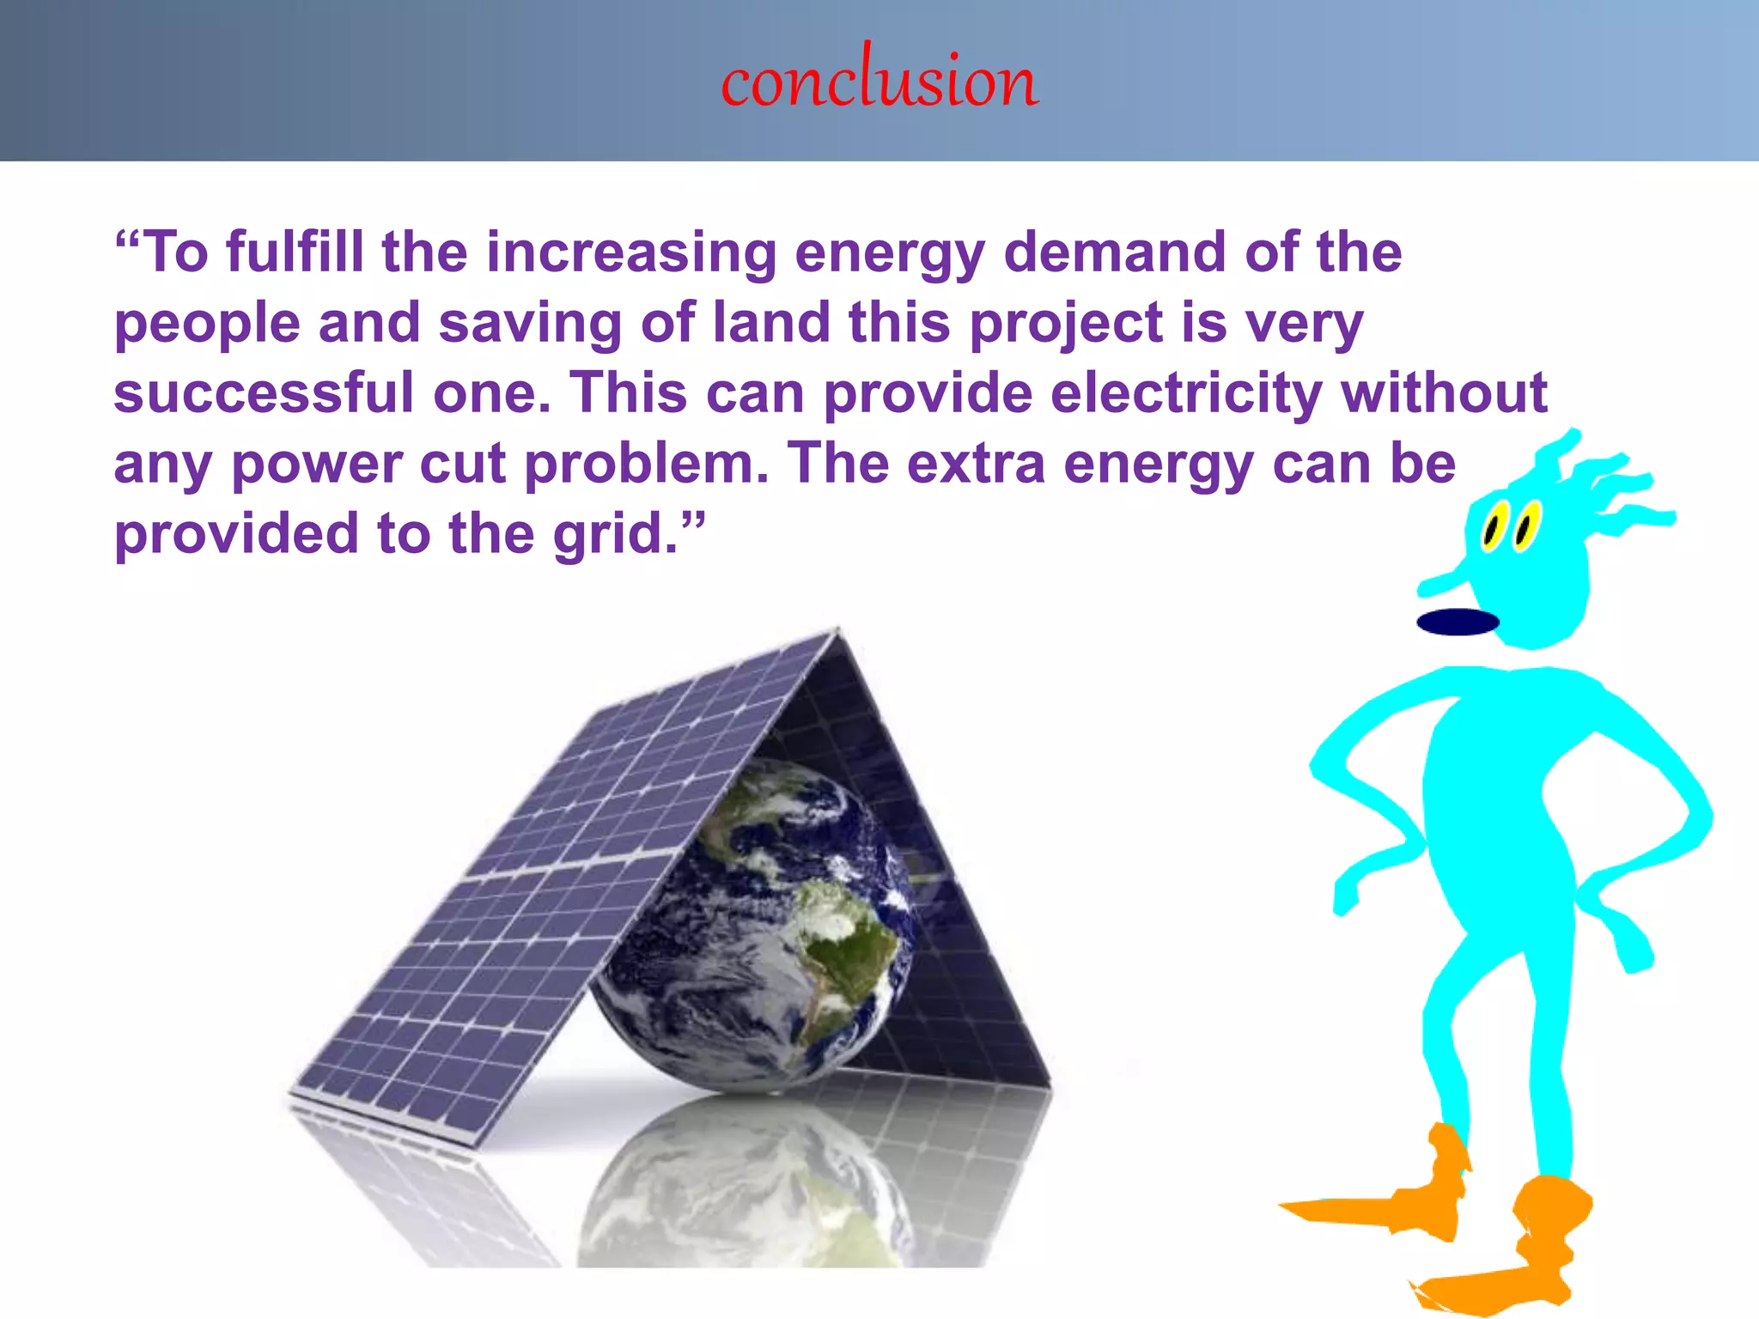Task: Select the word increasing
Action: [631, 253]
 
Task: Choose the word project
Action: [1066, 325]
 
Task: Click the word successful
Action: [264, 393]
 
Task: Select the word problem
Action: [646, 465]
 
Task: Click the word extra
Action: [976, 465]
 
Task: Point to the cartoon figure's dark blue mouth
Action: [1458, 622]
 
